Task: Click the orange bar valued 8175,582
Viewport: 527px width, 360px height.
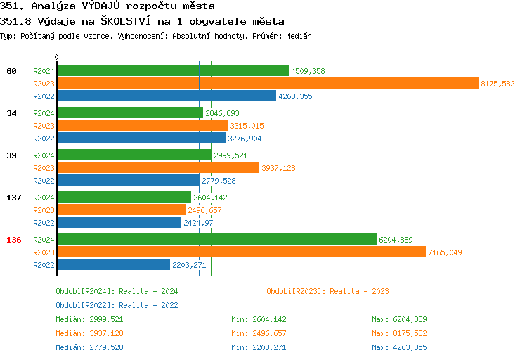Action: coord(267,83)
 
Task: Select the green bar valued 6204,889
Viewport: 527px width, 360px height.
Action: coord(216,239)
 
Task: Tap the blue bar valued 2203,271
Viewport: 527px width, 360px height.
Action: coord(113,264)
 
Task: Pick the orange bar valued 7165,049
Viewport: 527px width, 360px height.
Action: coord(241,252)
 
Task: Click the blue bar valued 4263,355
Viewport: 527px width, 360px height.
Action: coord(166,96)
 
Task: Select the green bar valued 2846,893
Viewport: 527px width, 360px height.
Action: coord(129,112)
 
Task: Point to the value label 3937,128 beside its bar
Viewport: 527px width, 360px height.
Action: coord(278,168)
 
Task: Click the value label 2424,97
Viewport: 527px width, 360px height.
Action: coord(198,223)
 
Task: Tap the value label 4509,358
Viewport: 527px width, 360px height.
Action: coord(308,71)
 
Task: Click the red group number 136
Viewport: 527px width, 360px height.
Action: coord(14,240)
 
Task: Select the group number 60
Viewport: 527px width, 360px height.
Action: coord(11,71)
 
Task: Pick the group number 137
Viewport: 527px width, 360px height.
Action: coord(14,198)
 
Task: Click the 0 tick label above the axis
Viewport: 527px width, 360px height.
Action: coord(57,57)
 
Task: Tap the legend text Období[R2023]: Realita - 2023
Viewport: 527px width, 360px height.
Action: coord(327,291)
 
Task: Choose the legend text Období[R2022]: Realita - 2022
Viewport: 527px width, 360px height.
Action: coord(117,305)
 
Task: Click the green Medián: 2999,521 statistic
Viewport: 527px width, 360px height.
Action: coord(89,319)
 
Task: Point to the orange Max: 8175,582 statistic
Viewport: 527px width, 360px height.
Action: coord(399,333)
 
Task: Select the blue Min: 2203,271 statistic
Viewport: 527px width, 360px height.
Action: coord(259,347)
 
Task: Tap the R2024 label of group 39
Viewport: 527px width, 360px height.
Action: coord(44,155)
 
